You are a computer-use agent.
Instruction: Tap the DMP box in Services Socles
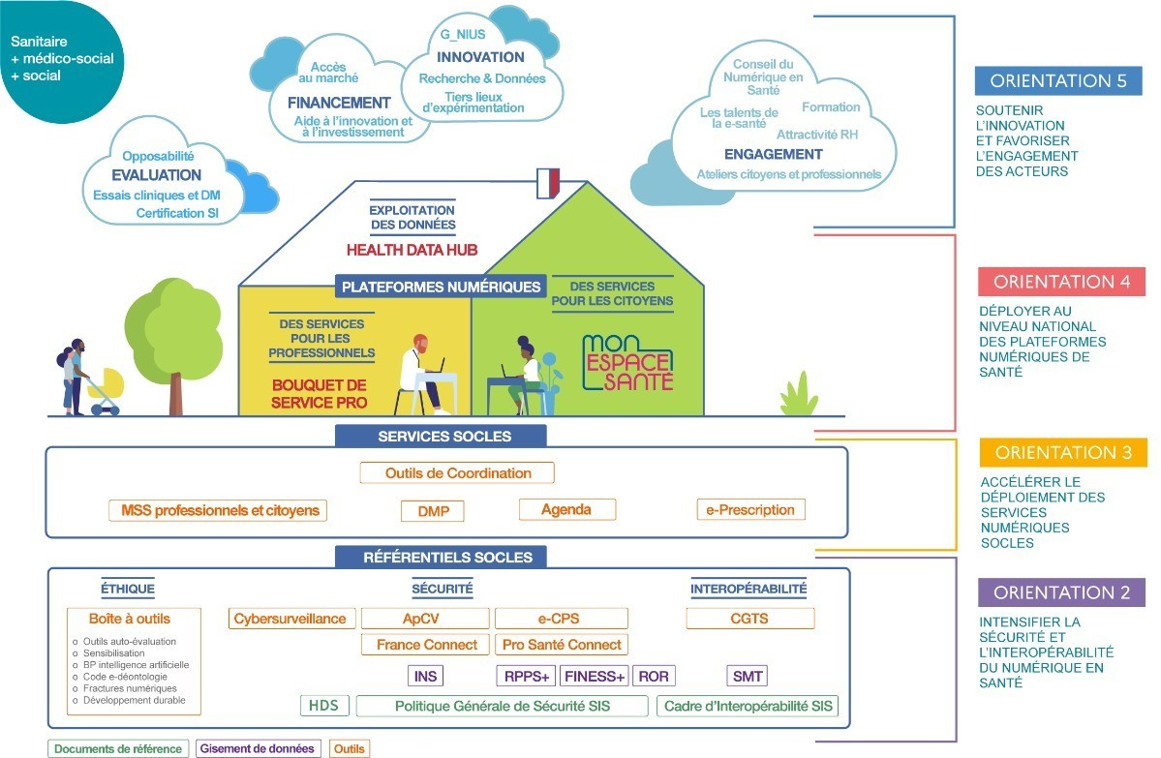click(433, 511)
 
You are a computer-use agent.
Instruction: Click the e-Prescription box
click(750, 509)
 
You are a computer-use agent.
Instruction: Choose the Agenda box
click(566, 509)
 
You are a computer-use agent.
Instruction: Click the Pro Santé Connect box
click(562, 645)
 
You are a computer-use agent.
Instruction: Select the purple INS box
click(425, 676)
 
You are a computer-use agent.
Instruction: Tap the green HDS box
click(323, 706)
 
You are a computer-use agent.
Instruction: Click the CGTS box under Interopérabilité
click(750, 619)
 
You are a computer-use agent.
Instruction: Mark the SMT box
click(748, 676)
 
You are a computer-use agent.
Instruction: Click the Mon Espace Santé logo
click(626, 363)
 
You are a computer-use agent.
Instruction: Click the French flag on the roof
click(548, 184)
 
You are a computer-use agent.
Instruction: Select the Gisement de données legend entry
click(259, 748)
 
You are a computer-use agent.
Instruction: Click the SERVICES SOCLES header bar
click(444, 436)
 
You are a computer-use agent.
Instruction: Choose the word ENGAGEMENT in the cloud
click(773, 154)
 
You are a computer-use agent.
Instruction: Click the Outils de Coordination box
click(457, 473)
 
